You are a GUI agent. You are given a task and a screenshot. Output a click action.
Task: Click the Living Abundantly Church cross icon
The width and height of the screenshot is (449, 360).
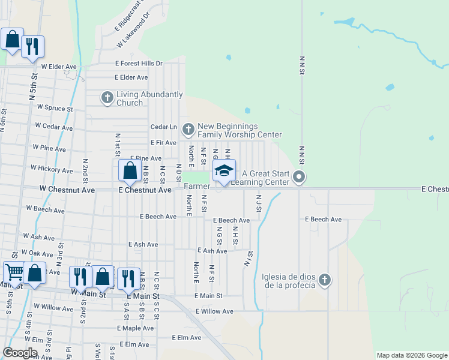pos(107,98)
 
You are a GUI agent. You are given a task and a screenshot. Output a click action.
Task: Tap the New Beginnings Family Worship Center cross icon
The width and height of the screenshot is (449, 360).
pos(188,129)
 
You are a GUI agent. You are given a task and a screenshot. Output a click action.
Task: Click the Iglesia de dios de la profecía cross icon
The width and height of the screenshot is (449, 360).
pos(324,280)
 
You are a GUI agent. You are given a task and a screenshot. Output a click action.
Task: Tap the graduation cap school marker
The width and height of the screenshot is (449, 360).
pos(224,171)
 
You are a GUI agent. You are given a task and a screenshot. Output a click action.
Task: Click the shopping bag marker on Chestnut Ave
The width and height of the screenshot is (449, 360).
pos(130,171)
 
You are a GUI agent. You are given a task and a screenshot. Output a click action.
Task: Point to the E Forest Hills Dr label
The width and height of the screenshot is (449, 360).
pos(139,64)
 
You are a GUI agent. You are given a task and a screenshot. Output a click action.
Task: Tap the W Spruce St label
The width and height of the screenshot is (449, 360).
pos(55,109)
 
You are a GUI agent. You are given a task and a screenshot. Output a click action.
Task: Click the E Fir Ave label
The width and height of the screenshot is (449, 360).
pos(163,143)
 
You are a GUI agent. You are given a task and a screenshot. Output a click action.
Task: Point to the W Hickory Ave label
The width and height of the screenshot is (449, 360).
pos(52,170)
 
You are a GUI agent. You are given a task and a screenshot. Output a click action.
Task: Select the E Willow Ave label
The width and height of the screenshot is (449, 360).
pos(214,311)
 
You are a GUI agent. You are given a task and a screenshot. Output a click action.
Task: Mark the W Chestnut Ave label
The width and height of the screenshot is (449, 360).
pos(67,190)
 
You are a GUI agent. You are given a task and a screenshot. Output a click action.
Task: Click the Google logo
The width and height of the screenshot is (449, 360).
pos(20,353)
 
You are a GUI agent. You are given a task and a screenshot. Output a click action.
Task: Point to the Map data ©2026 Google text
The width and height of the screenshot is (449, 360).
pos(411,355)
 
